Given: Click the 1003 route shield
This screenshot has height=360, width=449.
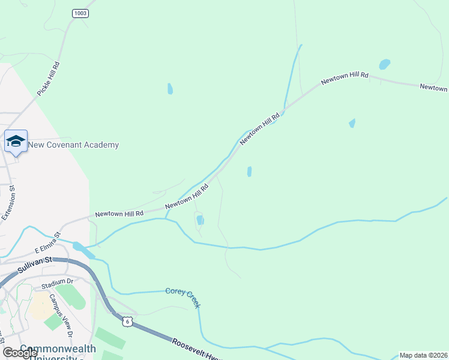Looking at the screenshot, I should tap(80, 13).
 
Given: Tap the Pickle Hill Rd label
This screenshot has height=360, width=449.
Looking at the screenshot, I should tap(49, 79).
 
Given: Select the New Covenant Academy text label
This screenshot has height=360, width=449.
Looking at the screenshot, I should tap(74, 145).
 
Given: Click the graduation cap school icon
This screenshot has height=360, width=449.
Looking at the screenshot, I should tap(16, 141).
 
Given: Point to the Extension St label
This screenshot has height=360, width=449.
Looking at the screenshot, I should tap(8, 203).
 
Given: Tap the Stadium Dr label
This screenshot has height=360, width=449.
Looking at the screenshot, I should tap(58, 281).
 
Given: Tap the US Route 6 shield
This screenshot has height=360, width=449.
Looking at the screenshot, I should tap(127, 322).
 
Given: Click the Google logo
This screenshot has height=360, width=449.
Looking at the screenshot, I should tap(20, 353).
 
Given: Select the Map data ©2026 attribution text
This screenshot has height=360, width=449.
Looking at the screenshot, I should tap(423, 355).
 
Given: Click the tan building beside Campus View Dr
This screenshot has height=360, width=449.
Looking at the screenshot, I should tap(38, 306).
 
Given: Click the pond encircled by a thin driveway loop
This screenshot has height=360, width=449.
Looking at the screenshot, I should tap(200, 220).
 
